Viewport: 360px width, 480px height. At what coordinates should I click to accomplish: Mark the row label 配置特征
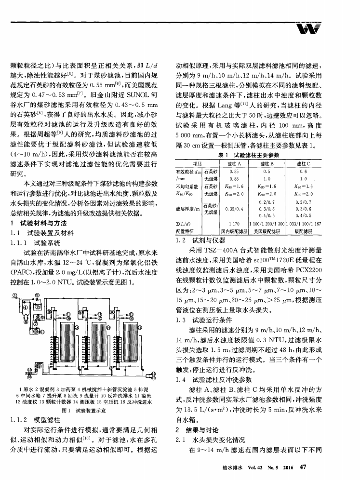(186, 231)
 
